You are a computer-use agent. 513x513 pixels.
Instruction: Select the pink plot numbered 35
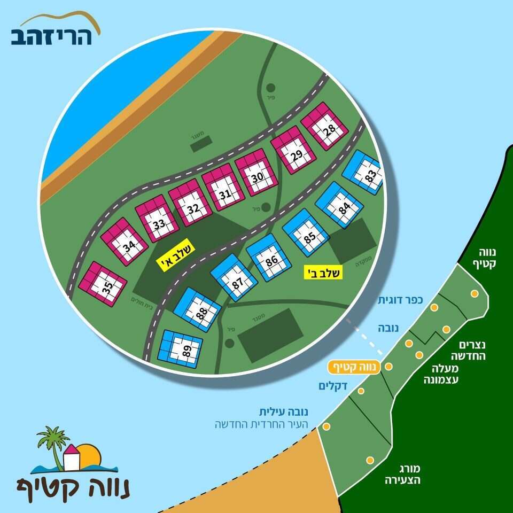pyautogui.click(x=102, y=284)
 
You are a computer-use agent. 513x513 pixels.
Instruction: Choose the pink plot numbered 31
pyautogui.click(x=220, y=188)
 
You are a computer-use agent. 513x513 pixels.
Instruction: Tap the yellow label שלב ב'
pyautogui.click(x=323, y=272)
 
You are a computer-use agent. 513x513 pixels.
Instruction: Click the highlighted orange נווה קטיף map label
pyautogui.click(x=354, y=367)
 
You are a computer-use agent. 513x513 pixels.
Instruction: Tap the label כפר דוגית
pyautogui.click(x=400, y=300)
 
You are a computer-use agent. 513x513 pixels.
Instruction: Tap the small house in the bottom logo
pyautogui.click(x=71, y=457)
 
